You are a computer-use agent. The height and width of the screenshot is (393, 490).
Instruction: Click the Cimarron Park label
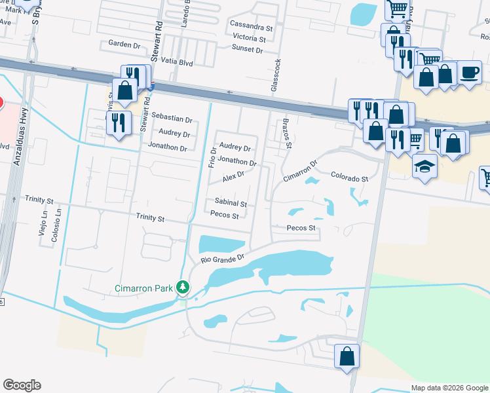tap(144, 288)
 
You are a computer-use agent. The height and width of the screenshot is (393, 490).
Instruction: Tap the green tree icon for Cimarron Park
tap(184, 287)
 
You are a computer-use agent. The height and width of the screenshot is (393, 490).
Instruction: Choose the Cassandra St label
tap(252, 28)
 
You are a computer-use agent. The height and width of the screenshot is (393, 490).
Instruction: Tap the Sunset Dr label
tap(247, 49)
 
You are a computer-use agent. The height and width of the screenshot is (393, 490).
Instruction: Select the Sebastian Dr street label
tap(172, 120)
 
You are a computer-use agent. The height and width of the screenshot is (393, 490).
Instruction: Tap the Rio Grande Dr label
tap(222, 259)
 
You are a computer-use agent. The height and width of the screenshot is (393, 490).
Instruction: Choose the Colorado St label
tap(349, 178)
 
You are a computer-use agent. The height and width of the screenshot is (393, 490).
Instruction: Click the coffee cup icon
tap(468, 71)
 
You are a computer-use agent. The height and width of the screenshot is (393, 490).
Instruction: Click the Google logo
tap(22, 385)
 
